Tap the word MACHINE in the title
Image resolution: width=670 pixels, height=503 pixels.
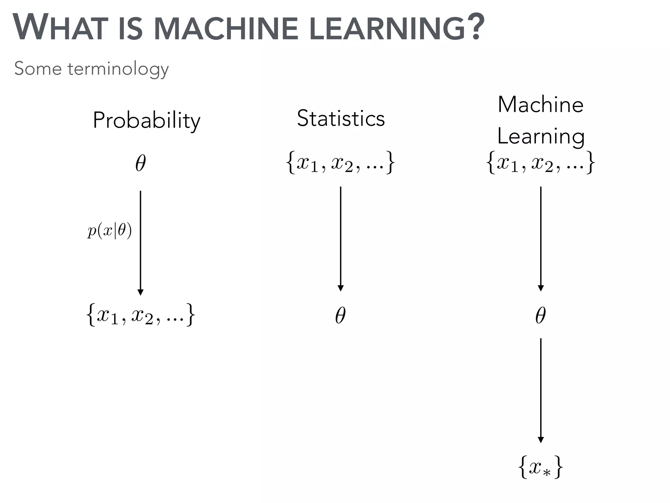(226, 28)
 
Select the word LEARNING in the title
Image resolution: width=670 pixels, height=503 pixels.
(386, 28)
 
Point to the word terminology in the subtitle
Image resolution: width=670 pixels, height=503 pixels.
(118, 69)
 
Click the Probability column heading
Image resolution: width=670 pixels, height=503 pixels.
(146, 121)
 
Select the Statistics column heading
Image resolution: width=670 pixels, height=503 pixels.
(341, 118)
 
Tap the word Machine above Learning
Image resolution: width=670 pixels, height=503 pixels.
(540, 105)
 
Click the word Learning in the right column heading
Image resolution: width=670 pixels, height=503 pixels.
(540, 136)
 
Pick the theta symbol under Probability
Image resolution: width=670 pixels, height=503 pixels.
(140, 163)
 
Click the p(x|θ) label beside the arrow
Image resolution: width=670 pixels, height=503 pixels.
(110, 231)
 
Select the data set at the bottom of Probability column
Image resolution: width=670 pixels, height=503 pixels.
(140, 315)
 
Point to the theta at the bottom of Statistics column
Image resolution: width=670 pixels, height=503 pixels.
(340, 315)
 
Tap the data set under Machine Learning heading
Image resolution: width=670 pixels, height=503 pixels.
(540, 162)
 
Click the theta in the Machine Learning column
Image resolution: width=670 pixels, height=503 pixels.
(540, 315)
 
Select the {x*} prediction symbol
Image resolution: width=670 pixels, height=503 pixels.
(540, 467)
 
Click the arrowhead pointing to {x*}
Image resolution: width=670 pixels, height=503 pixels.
(541, 440)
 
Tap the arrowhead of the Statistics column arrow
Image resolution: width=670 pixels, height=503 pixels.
(341, 288)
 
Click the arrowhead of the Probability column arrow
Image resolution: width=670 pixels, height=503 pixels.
(140, 292)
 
